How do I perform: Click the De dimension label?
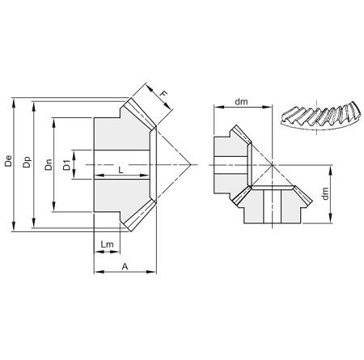[x=9, y=161]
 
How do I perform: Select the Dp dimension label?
[x=27, y=162]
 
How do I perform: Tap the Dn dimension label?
[x=49, y=164]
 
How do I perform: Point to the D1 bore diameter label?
[x=66, y=165]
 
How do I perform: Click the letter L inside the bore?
[x=121, y=170]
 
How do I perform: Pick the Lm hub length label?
[x=108, y=244]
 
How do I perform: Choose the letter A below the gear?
[x=125, y=266]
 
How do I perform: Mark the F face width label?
[x=163, y=94]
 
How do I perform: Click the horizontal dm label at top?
[x=241, y=102]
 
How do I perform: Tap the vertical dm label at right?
[x=326, y=193]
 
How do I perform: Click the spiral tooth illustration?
[x=320, y=116]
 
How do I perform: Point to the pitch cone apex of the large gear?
[x=191, y=164]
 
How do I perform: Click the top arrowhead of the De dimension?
[x=14, y=102]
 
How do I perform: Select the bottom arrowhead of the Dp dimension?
[x=33, y=223]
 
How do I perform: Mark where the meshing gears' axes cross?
[x=272, y=164]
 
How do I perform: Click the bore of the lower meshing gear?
[x=273, y=206]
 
